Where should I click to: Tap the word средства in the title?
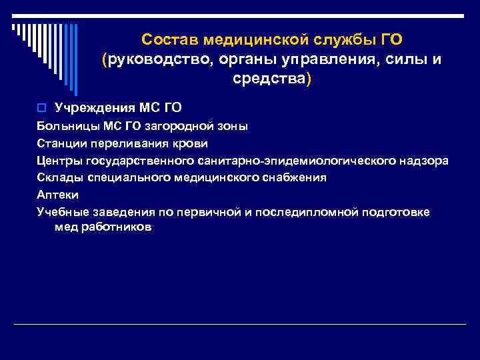(x=271, y=79)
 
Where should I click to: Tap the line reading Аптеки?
(x=58, y=195)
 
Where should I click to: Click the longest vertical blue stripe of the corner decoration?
(x=75, y=59)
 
